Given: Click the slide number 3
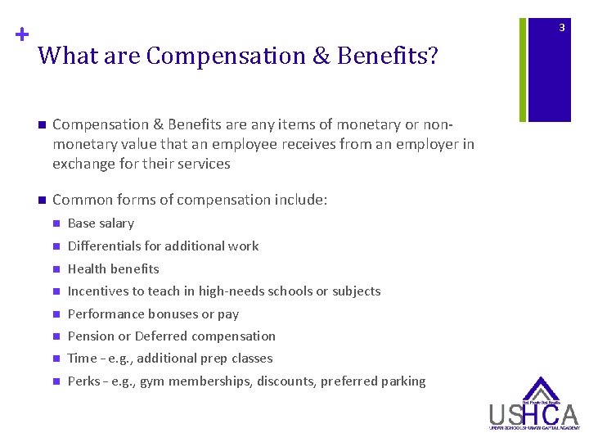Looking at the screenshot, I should (x=562, y=28).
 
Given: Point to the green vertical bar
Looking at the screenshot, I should (x=524, y=61).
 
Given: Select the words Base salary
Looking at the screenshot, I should (x=101, y=223).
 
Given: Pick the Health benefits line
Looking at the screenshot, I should (x=113, y=268).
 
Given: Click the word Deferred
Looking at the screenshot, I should (x=161, y=336).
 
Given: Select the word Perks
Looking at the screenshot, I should (x=83, y=381).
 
